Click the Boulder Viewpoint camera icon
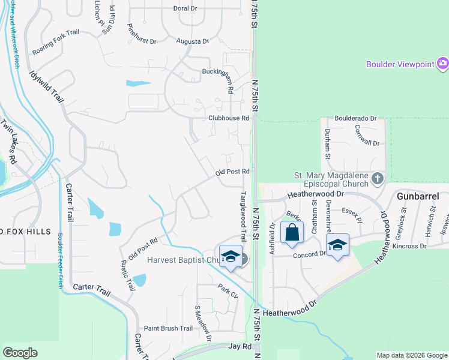[x=443, y=63]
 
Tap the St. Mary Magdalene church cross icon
[x=378, y=178]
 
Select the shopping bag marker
[x=292, y=233]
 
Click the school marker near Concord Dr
[x=338, y=245]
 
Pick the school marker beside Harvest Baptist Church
[x=230, y=256]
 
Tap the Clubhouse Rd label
[x=228, y=118]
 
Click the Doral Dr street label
[x=185, y=8]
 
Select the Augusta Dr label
[x=192, y=41]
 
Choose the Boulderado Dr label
[x=355, y=119]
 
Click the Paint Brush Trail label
[x=168, y=328]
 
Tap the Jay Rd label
[x=240, y=347]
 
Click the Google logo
[x=20, y=353]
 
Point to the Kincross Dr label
[x=411, y=246]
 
